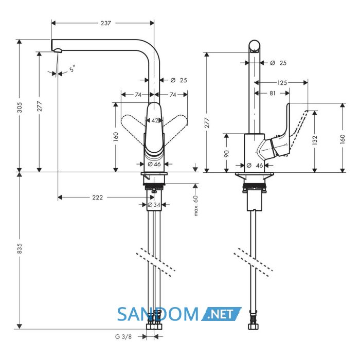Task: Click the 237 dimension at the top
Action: click(x=106, y=23)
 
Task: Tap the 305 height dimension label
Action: click(x=20, y=107)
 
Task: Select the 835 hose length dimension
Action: click(x=20, y=248)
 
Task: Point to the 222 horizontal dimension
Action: click(x=98, y=197)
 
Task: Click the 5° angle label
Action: click(x=73, y=68)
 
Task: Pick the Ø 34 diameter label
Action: click(x=154, y=205)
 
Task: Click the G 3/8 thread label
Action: click(x=123, y=337)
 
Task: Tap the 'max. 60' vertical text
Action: click(x=196, y=206)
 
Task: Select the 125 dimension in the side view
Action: click(x=282, y=83)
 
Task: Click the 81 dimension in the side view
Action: click(x=273, y=93)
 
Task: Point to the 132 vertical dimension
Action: click(x=315, y=140)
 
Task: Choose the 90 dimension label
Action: click(x=226, y=154)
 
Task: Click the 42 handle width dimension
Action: click(x=155, y=120)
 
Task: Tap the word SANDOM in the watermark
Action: click(x=158, y=314)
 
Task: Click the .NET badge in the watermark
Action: click(x=221, y=314)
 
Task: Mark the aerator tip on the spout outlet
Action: click(x=58, y=50)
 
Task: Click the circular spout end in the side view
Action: click(x=255, y=46)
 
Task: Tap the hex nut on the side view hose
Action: click(x=253, y=326)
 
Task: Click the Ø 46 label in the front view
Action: click(x=154, y=164)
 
